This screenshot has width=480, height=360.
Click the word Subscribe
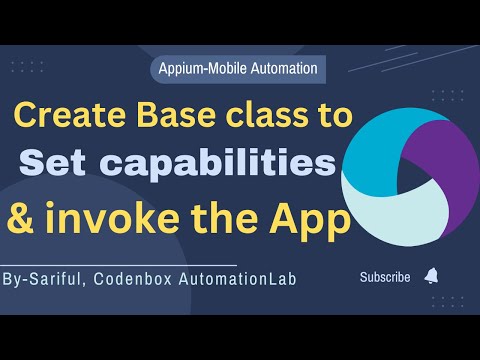click(385, 277)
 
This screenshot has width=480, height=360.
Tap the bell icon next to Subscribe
click(431, 276)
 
